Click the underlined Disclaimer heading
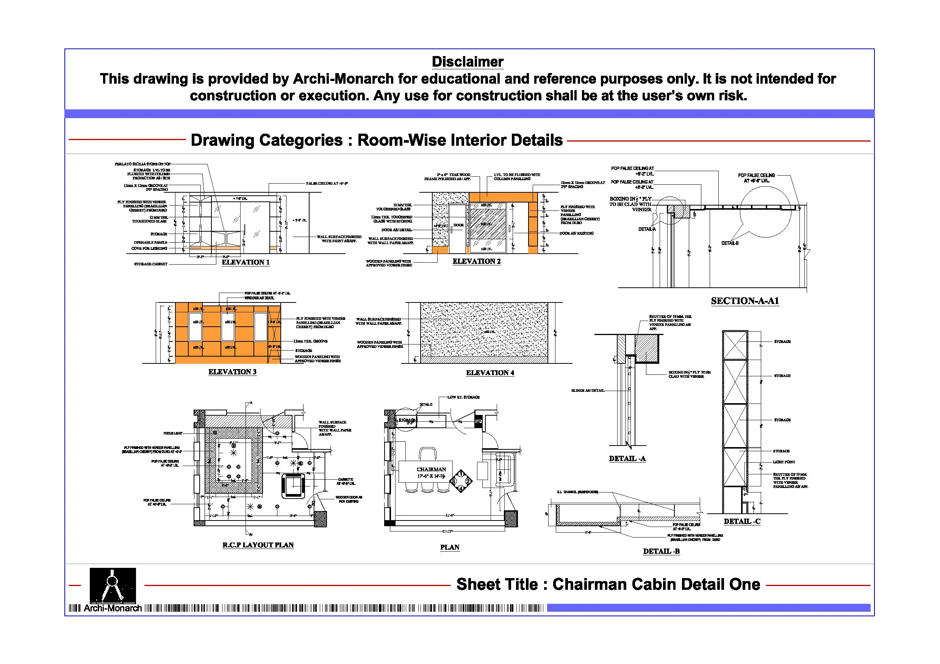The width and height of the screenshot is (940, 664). (x=467, y=62)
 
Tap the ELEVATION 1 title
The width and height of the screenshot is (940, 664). (x=246, y=262)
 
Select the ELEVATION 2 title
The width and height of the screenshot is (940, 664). (x=476, y=262)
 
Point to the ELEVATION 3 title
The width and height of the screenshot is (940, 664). (x=232, y=372)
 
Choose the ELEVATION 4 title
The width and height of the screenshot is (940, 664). (x=490, y=373)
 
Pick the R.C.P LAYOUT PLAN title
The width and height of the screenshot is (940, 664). (x=258, y=545)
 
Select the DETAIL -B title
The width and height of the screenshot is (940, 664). (x=661, y=552)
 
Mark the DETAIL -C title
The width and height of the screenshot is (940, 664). (x=742, y=521)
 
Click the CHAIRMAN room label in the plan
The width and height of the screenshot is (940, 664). (x=431, y=469)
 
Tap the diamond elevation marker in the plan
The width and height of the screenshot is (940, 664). (x=461, y=481)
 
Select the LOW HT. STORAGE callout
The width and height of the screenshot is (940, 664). (x=463, y=397)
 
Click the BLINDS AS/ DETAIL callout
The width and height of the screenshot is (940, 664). (x=588, y=391)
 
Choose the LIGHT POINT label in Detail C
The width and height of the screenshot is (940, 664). (x=784, y=462)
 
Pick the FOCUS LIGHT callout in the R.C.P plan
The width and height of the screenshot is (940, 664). (x=173, y=433)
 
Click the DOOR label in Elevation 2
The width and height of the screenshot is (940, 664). (x=458, y=225)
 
